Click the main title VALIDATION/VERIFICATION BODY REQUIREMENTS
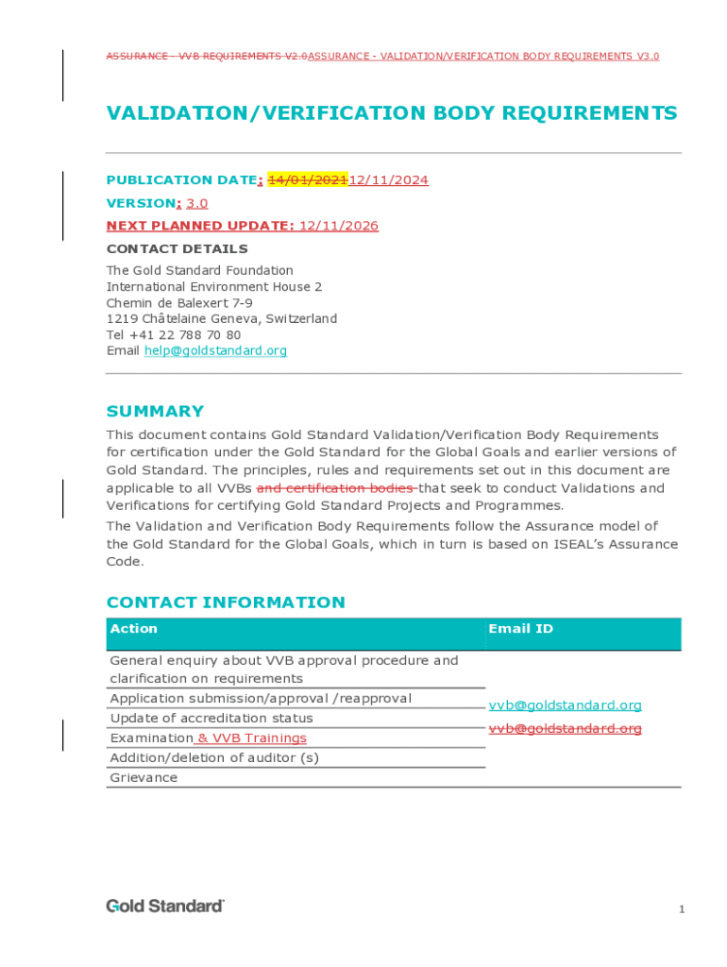tap(392, 114)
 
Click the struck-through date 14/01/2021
tap(308, 180)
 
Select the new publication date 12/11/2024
tap(389, 180)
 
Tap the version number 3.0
tap(196, 203)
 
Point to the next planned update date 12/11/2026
tap(338, 226)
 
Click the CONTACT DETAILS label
tap(178, 249)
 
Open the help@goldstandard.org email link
tap(215, 351)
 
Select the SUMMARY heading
tap(155, 412)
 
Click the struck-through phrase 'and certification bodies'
tap(336, 488)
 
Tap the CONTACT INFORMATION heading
tap(226, 602)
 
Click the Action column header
tap(134, 629)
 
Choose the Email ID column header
tap(520, 629)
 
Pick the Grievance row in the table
tap(144, 778)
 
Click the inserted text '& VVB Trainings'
tap(251, 738)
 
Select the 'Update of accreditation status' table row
tap(211, 719)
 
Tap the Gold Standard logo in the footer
tap(165, 907)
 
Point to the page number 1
tap(681, 909)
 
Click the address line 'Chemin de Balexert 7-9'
tap(179, 303)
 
